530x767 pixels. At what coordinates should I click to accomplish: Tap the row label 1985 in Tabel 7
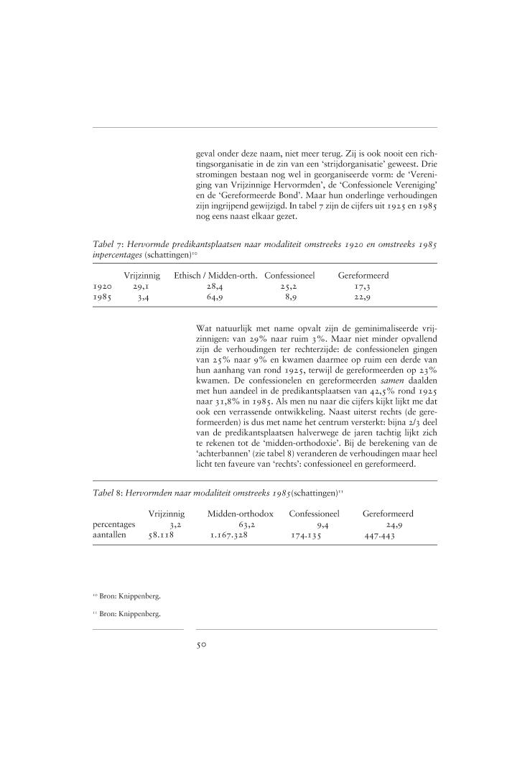point(102,296)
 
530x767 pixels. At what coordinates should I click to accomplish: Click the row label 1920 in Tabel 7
point(102,286)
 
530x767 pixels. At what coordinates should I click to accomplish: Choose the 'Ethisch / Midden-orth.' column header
point(215,275)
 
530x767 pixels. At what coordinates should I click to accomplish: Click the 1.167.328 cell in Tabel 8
point(233,535)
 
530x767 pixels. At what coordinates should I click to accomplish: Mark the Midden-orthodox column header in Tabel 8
point(238,513)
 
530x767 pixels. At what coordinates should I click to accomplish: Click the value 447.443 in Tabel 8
point(380,535)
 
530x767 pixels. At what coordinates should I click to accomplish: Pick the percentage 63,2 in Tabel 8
point(248,524)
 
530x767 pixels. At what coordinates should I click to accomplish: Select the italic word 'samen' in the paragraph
point(371,379)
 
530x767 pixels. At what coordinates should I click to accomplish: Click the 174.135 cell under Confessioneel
point(307,535)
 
